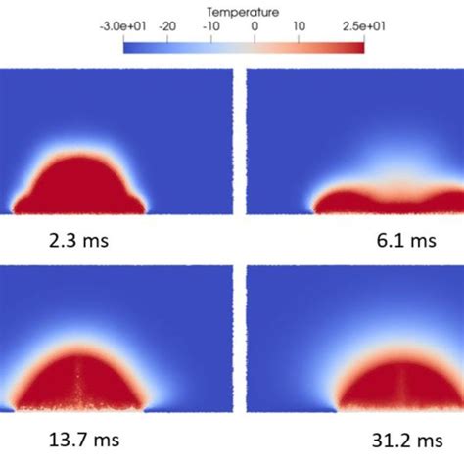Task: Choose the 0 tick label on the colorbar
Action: coord(256,28)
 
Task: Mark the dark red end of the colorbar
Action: coord(357,45)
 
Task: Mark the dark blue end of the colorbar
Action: coord(130,45)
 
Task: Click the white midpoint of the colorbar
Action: coord(255,45)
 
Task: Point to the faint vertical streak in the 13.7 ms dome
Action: coord(78,372)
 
